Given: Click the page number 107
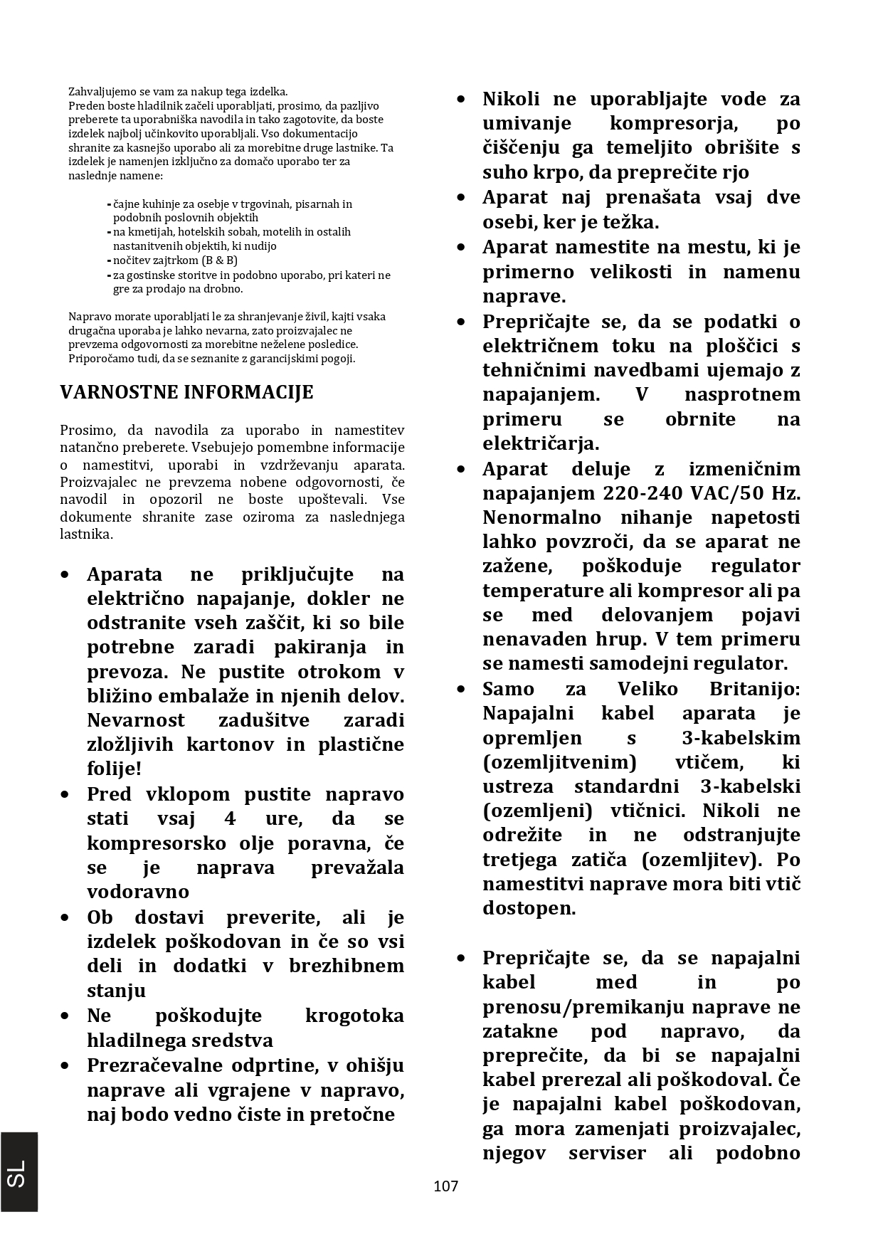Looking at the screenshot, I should pos(445,1186).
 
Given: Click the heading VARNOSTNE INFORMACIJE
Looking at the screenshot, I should pos(186,393).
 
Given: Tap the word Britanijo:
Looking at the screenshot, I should pos(754,689).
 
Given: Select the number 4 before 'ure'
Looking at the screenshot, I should pos(230,818).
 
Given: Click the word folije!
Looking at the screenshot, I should pos(114,769).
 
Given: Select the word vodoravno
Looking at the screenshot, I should pos(138,892).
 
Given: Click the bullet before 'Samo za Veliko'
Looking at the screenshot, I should pos(462,689).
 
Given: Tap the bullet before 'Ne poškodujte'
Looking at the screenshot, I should pos(65,1016).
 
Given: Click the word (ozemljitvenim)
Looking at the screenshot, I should pos(559,762).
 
